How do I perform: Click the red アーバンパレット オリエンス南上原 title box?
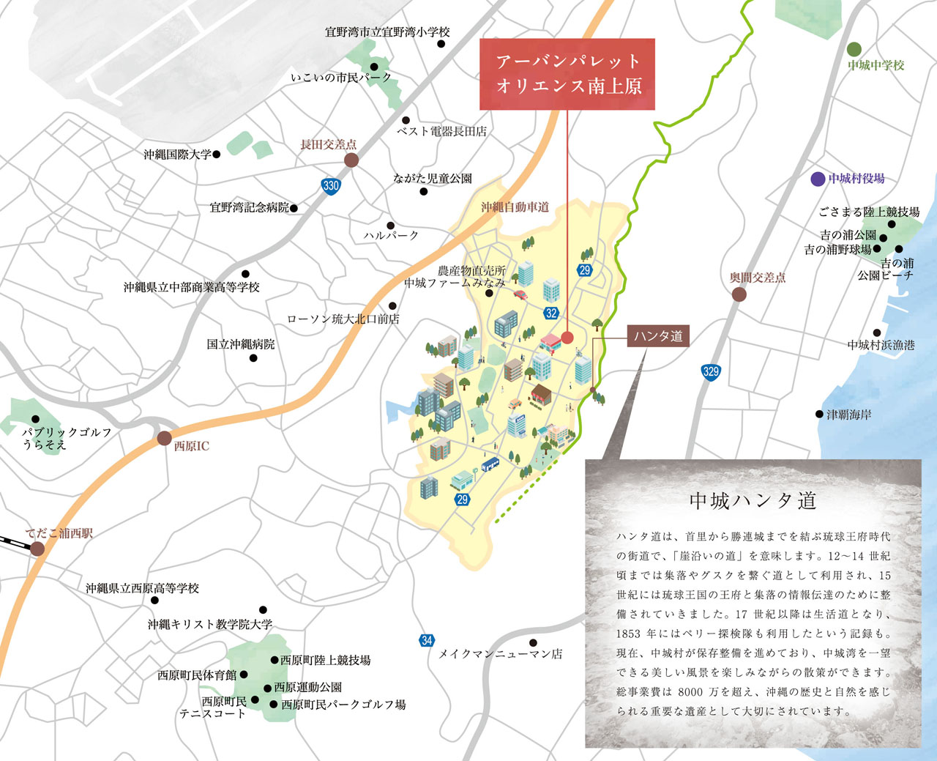(567, 74)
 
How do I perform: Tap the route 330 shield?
(331, 185)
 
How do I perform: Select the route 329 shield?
(710, 371)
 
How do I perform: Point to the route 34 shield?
(427, 640)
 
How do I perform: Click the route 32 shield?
(551, 313)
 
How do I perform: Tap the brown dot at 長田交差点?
(351, 160)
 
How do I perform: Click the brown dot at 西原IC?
(164, 439)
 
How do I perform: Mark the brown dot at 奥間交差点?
(739, 294)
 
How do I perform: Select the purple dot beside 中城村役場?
(818, 179)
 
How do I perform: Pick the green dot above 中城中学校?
(854, 49)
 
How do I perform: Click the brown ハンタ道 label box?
(658, 336)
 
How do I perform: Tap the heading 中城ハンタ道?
(753, 501)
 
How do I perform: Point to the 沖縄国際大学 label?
(177, 155)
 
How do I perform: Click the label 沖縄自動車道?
(515, 207)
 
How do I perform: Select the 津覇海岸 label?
(849, 415)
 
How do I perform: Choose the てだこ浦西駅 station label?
(59, 534)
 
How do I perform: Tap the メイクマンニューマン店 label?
(501, 654)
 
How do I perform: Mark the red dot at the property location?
(567, 338)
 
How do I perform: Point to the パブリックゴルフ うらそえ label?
(66, 438)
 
